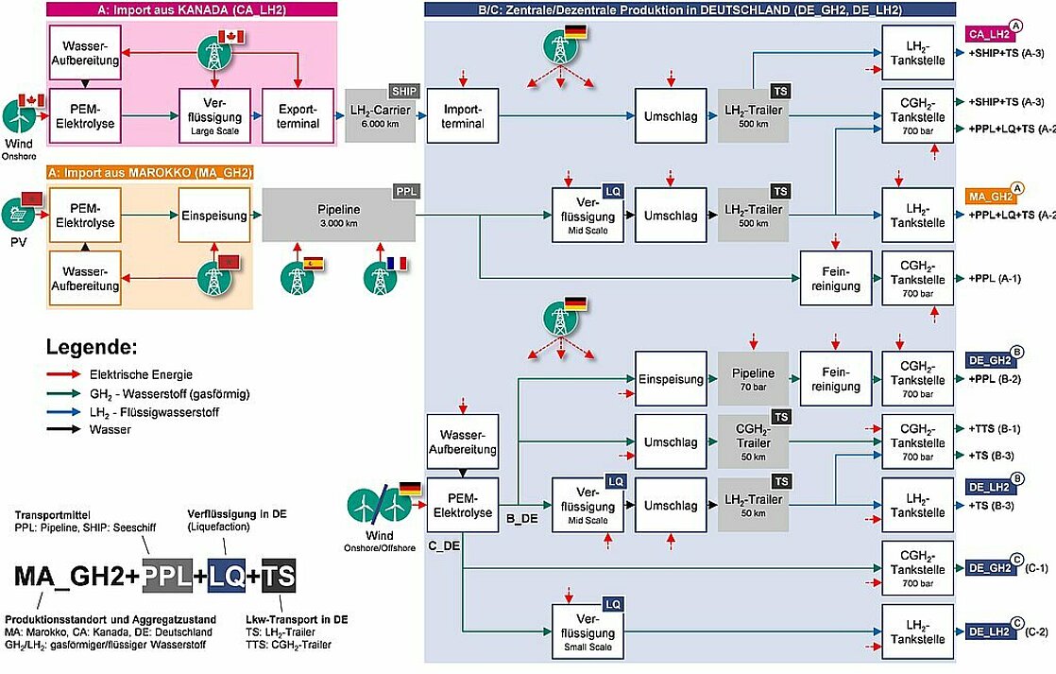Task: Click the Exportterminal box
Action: tap(298, 116)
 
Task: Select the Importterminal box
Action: tap(463, 116)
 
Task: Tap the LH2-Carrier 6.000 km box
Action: tap(381, 116)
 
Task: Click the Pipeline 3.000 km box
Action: tap(339, 215)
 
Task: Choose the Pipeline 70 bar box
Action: tap(753, 379)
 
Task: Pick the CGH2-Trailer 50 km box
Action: tap(753, 442)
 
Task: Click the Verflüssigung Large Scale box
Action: tap(214, 116)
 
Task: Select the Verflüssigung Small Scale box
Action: tap(588, 632)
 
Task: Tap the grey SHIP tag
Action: tap(405, 91)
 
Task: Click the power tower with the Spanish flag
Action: tap(297, 276)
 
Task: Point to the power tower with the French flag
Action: tap(382, 276)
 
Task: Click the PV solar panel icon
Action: tap(19, 215)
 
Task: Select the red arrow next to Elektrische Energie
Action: tap(63, 374)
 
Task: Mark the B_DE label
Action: tap(522, 519)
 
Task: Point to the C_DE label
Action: tap(445, 545)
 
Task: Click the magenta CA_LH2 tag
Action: tap(989, 34)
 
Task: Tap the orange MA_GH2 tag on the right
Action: tap(990, 196)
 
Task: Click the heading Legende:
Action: tap(92, 347)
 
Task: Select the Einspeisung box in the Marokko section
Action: tap(214, 215)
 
